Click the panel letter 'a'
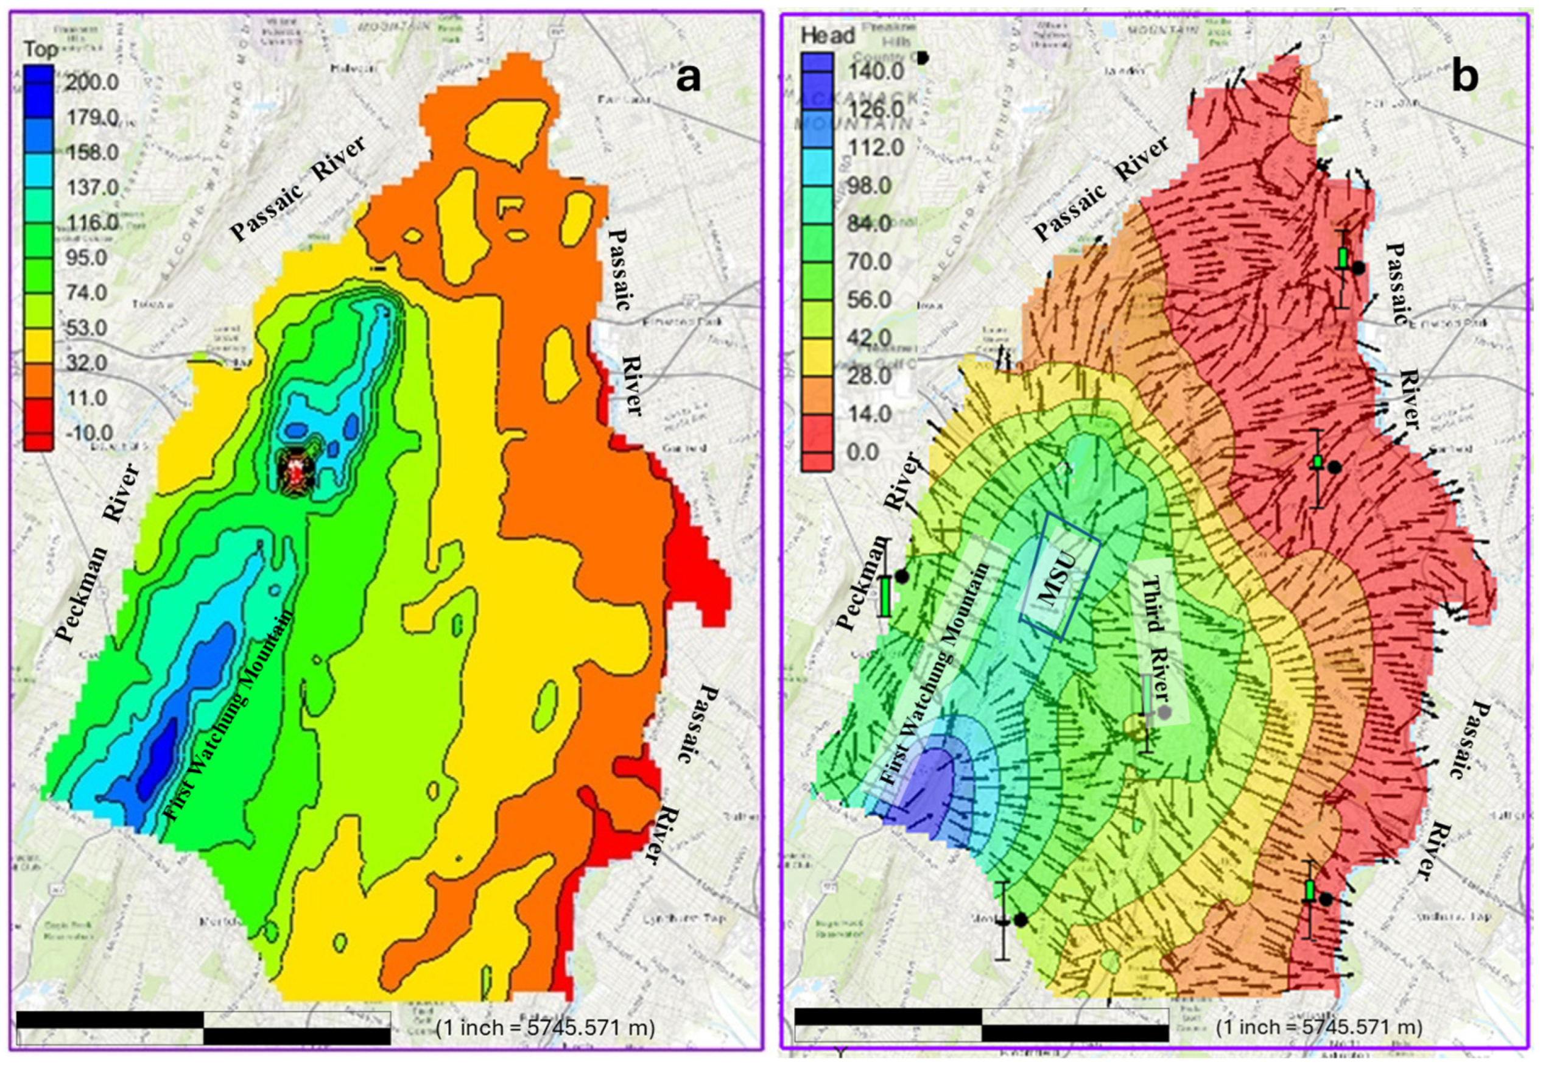point(688,78)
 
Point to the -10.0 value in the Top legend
point(88,432)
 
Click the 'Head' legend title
point(827,35)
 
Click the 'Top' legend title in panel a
point(40,49)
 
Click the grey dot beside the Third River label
point(1164,712)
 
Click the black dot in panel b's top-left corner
point(923,58)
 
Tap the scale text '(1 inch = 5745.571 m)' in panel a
point(546,1027)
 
